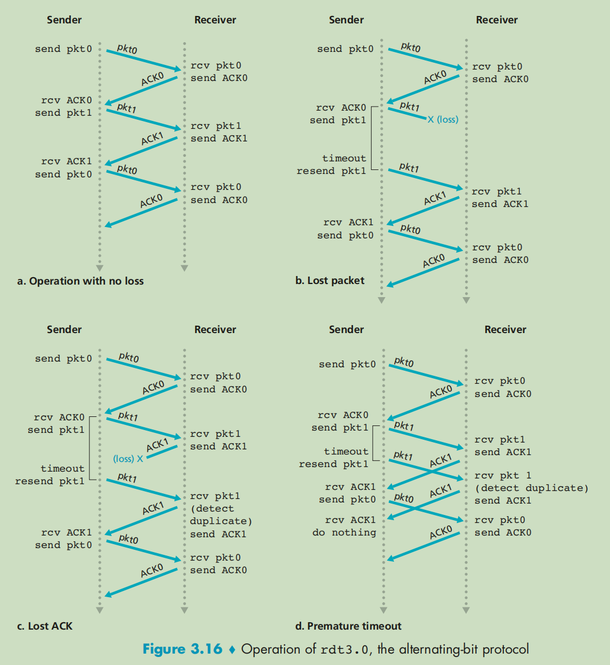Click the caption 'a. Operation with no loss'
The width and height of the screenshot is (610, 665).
coord(80,281)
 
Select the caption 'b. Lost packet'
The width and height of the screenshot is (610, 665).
coord(330,280)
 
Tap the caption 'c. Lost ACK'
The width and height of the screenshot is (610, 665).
coord(44,626)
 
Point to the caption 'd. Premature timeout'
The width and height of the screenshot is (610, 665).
coord(348,626)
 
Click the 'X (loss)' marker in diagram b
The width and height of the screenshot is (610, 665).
coord(442,119)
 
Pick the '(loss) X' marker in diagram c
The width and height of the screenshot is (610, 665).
coord(128,459)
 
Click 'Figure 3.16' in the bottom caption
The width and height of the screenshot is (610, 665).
coord(182,649)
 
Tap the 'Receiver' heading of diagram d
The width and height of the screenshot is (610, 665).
coord(505,329)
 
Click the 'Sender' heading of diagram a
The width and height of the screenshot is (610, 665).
coord(64,19)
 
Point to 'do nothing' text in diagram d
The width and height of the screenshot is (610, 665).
coord(344,532)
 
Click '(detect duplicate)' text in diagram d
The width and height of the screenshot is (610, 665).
coord(531,488)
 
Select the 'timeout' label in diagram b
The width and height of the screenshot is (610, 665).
coord(344,158)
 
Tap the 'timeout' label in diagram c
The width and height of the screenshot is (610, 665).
coord(62,468)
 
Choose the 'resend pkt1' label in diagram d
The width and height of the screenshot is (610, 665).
coord(334,464)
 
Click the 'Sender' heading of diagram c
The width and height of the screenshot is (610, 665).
coord(64,329)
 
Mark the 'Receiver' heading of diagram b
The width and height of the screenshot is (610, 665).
coord(497,19)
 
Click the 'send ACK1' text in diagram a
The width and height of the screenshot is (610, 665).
coord(219,138)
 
